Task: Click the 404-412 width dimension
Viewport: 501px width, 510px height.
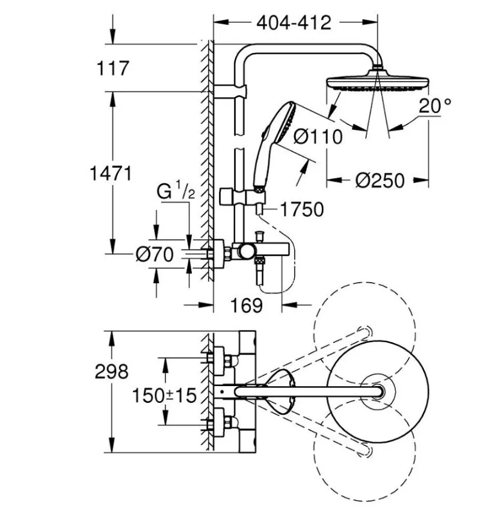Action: coord(294,23)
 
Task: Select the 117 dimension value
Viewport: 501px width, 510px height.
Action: coord(112,68)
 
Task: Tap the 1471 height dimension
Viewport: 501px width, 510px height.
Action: coord(110,174)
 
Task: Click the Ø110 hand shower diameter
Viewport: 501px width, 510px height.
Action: coord(318,137)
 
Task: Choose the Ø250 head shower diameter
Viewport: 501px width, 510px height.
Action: coord(379,179)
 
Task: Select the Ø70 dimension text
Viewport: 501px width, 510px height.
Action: coord(154,255)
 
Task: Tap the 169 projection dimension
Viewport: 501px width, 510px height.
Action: coord(247,305)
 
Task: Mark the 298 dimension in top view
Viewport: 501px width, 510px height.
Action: coord(112,372)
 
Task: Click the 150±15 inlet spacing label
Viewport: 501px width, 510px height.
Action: coord(165,395)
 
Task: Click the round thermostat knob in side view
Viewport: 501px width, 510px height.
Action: coord(246,251)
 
